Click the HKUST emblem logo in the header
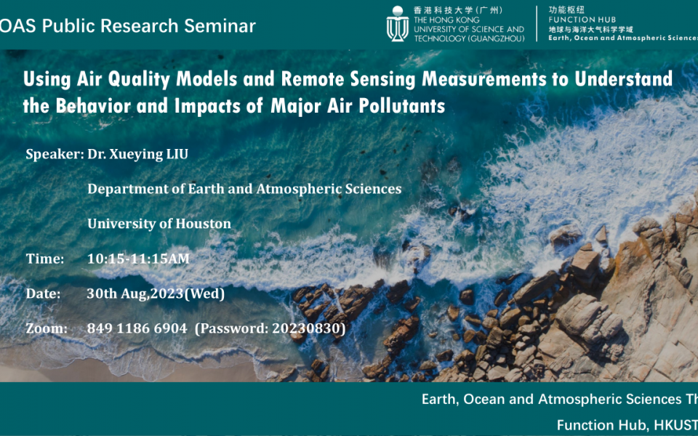[x=397, y=23]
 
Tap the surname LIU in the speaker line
[x=183, y=154]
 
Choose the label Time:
[x=45, y=259]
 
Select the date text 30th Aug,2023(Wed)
[x=156, y=294]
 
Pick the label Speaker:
[x=55, y=154]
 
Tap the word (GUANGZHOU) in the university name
[x=497, y=38]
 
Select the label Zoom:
[x=47, y=328]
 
